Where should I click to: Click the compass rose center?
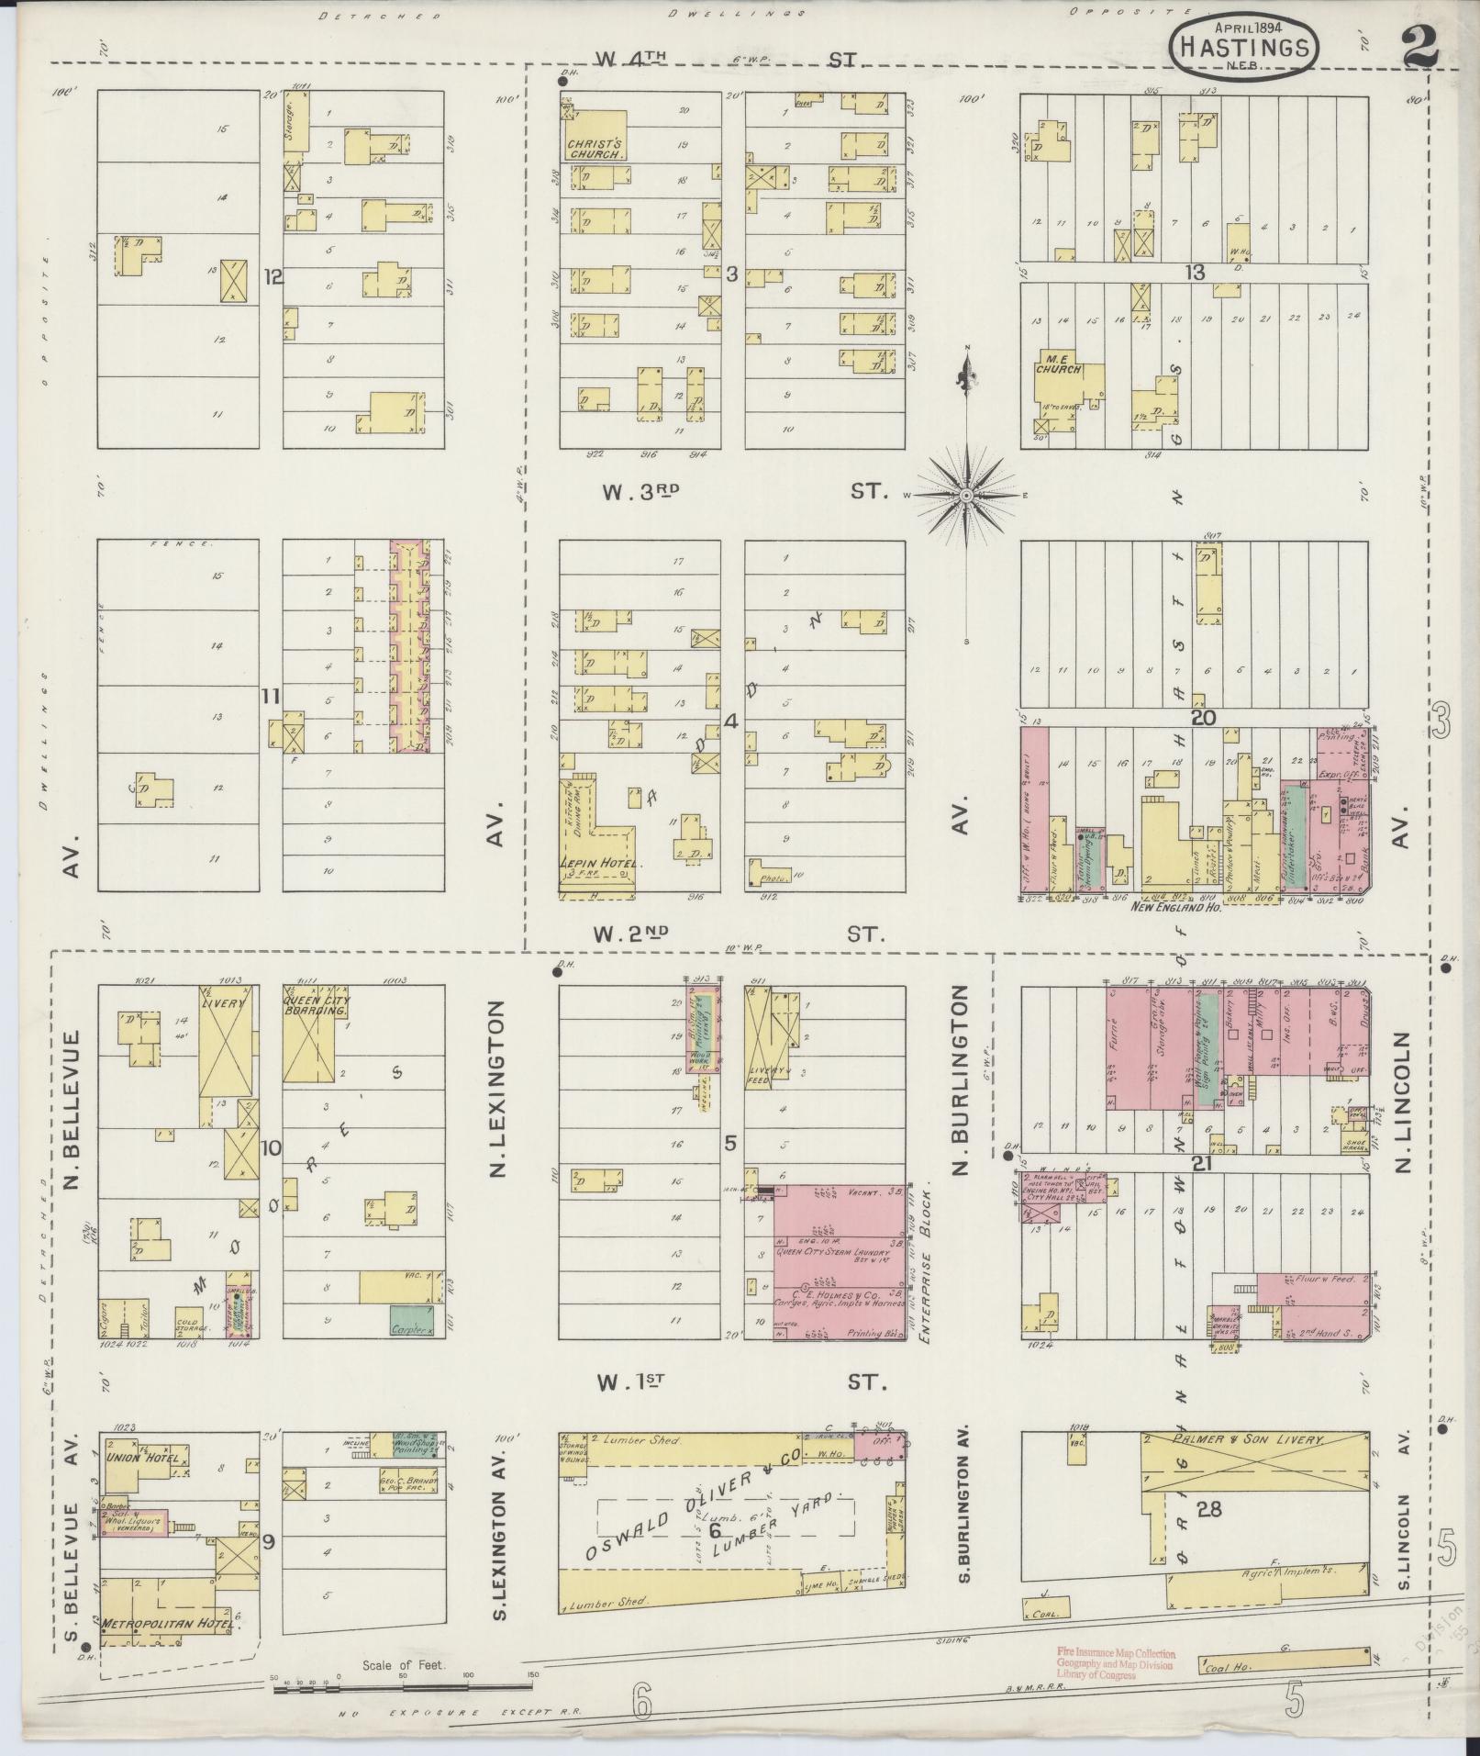click(x=966, y=495)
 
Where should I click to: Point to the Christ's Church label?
click(x=595, y=150)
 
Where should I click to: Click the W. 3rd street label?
click(x=640, y=492)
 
